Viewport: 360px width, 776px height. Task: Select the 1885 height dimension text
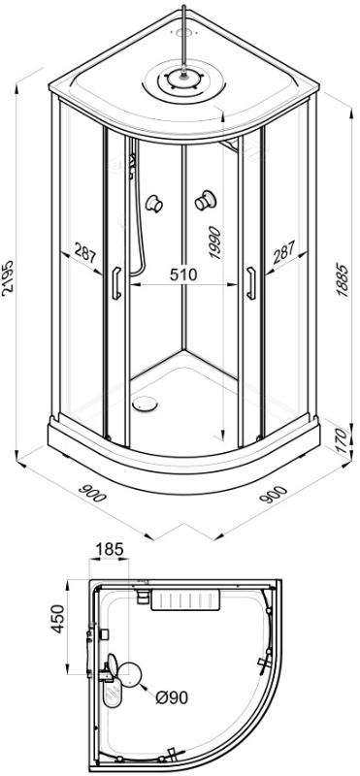click(x=343, y=277)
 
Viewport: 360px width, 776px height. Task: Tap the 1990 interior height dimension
click(x=214, y=242)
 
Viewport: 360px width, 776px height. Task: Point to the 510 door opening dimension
click(x=183, y=274)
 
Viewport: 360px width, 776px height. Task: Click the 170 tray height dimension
click(x=344, y=439)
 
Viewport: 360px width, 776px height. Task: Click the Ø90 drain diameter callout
click(x=172, y=698)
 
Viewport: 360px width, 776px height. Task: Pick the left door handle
click(x=116, y=283)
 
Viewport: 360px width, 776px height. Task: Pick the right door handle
click(x=251, y=283)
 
